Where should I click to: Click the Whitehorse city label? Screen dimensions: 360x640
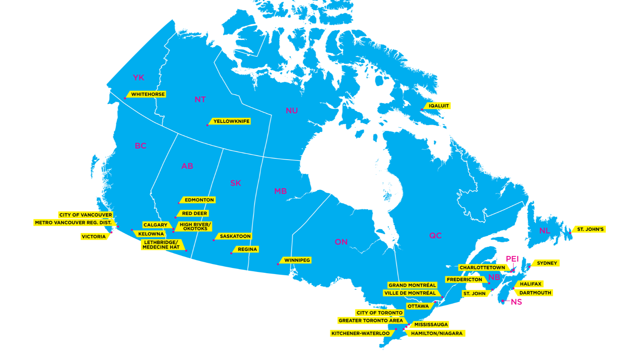(148, 94)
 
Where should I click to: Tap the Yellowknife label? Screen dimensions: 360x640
(231, 121)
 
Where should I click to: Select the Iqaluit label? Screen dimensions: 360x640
(438, 106)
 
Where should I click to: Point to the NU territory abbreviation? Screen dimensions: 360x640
(292, 111)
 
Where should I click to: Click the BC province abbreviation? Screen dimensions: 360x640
(140, 146)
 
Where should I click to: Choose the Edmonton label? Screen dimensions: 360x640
(199, 200)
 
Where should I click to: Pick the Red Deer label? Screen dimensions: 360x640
(194, 214)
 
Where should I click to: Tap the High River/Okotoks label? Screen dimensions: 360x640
(195, 227)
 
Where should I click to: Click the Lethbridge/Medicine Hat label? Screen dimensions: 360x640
(161, 245)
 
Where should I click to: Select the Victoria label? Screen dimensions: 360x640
(94, 237)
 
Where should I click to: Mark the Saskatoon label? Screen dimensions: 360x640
(235, 236)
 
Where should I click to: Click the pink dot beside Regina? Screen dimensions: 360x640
(231, 253)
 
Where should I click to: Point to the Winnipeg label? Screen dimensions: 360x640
(297, 260)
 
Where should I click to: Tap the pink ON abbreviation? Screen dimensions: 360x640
(341, 242)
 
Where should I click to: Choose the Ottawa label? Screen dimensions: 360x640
(418, 306)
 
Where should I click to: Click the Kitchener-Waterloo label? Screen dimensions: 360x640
(360, 333)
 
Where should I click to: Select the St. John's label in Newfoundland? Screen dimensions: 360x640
(590, 229)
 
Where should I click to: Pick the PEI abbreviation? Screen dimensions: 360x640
(512, 259)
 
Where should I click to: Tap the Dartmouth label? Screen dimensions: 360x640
(535, 293)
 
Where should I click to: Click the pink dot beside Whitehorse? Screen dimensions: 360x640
(125, 98)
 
